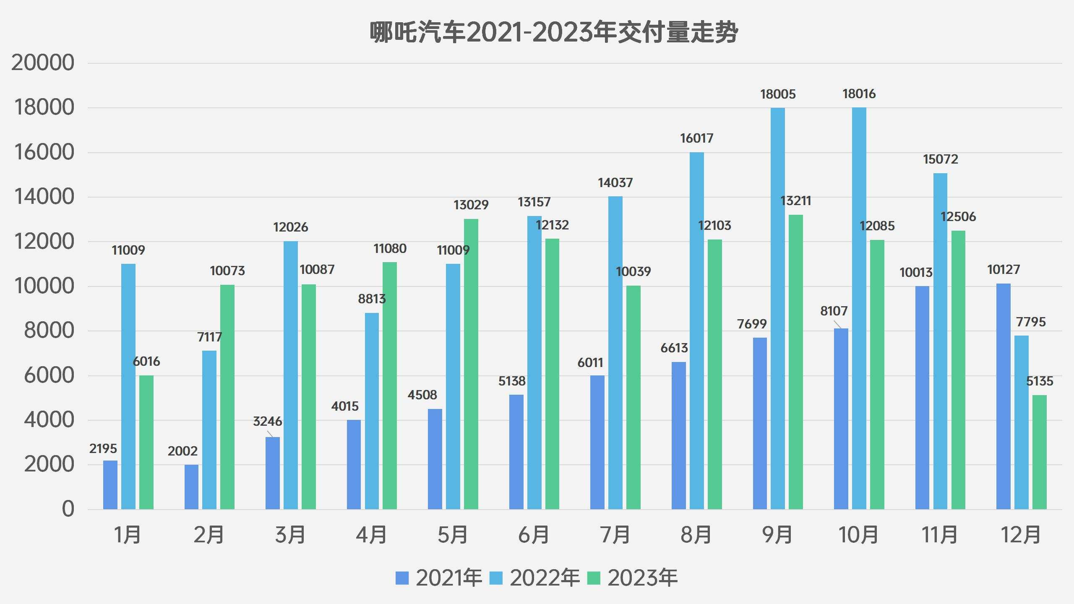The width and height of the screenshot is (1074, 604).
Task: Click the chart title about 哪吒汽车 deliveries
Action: click(x=553, y=33)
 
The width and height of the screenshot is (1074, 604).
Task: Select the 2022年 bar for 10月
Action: click(x=859, y=308)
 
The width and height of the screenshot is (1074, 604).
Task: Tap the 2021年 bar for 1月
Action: click(x=110, y=485)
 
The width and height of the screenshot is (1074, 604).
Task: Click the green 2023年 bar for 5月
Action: click(x=471, y=364)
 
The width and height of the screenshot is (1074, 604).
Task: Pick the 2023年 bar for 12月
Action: click(x=1039, y=452)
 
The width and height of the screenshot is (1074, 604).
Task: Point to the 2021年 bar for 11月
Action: click(x=922, y=398)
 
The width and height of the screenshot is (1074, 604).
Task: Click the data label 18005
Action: click(x=778, y=94)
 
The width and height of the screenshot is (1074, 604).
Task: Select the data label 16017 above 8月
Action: click(x=696, y=138)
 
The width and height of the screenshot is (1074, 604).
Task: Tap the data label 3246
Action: click(x=267, y=422)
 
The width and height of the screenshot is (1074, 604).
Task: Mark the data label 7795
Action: click(x=1031, y=322)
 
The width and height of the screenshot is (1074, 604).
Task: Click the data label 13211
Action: click(x=795, y=201)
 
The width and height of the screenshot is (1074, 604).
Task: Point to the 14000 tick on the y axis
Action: click(x=44, y=197)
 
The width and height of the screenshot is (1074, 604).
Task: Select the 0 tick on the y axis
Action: click(x=68, y=509)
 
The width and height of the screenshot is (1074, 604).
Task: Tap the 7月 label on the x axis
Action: click(x=615, y=535)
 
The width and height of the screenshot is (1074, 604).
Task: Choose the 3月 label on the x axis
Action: click(x=290, y=535)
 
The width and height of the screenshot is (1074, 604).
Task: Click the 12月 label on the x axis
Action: click(x=1021, y=535)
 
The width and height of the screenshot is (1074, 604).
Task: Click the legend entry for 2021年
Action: click(x=439, y=578)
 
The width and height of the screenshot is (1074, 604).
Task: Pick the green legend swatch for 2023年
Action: click(x=593, y=578)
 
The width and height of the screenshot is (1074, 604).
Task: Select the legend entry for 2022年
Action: click(x=534, y=578)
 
